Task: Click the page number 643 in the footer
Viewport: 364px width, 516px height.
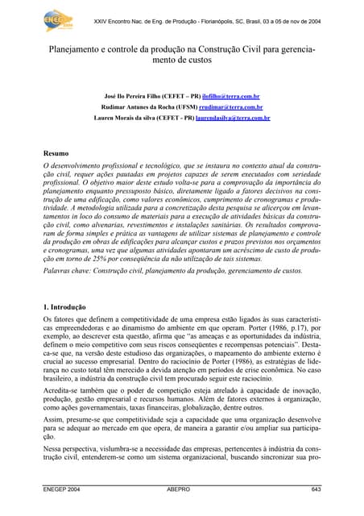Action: tap(316, 489)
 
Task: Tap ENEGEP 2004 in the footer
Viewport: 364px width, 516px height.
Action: tap(62, 489)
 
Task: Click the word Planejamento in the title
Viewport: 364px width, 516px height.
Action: tap(77, 49)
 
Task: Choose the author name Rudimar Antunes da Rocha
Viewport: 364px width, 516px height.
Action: tap(138, 106)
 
